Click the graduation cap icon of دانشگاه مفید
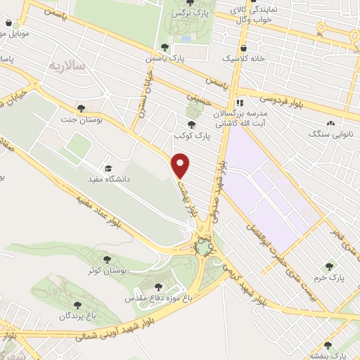coord(108,168)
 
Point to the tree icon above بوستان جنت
coord(82,108)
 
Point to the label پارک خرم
coord(329,278)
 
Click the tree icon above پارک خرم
coord(329,266)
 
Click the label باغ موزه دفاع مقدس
coord(158,298)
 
